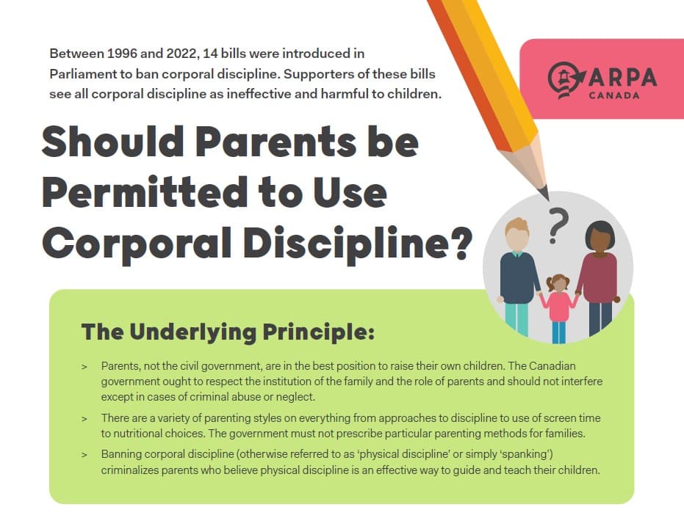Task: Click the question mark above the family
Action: [558, 224]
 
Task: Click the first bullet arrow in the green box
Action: [84, 365]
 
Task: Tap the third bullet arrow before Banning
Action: [84, 455]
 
